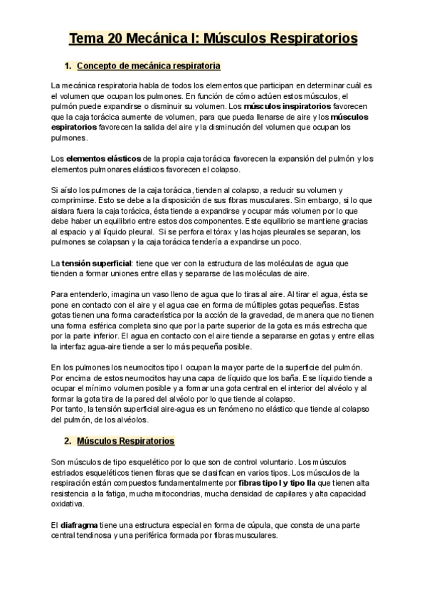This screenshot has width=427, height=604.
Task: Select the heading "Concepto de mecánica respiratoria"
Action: point(147,66)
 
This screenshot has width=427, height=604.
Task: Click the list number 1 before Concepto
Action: point(67,66)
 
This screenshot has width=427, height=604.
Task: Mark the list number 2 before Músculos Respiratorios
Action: point(67,441)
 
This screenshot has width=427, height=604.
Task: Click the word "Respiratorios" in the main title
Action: point(312,38)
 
